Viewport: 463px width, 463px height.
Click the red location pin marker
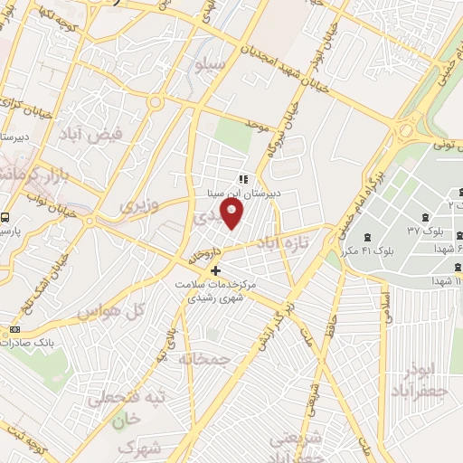click(x=232, y=215)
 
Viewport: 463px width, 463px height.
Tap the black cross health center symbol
click(x=215, y=270)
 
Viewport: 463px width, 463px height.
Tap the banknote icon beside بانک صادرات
click(x=14, y=328)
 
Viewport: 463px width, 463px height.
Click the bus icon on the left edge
click(x=5, y=218)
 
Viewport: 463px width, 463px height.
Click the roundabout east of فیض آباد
click(x=156, y=102)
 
